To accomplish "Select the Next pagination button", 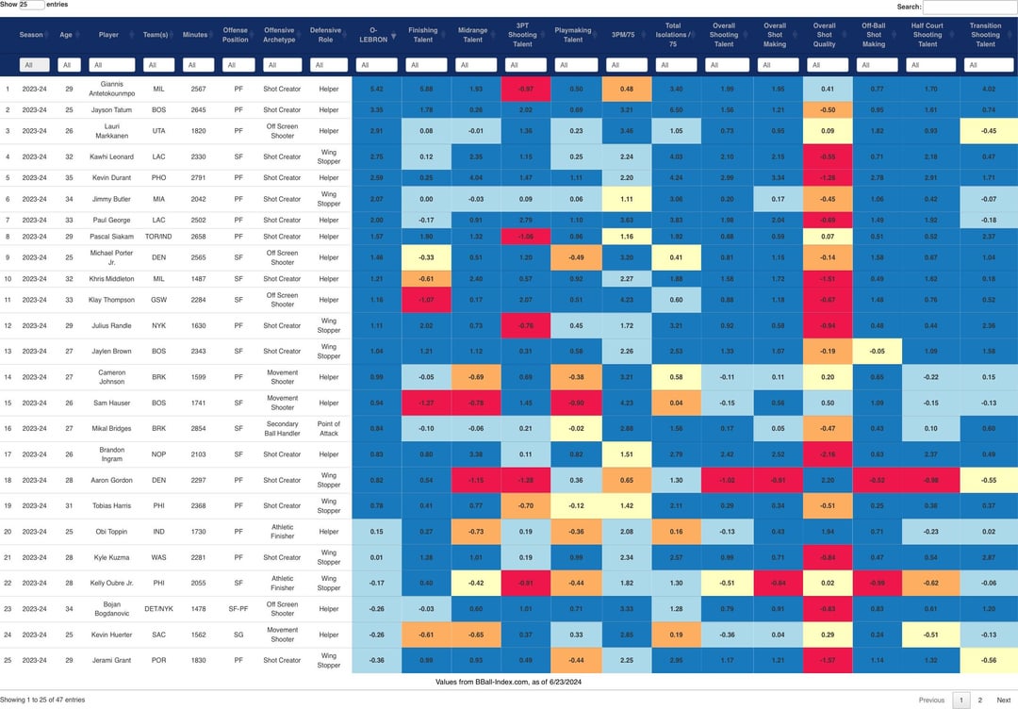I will tap(1003, 700).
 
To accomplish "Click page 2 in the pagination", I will tap(980, 700).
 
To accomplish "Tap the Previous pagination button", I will tap(931, 700).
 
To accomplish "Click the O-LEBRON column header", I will tap(376, 40).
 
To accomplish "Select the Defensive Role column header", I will tap(326, 36).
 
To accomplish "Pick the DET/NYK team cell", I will tap(158, 609).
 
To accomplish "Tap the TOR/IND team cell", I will tap(158, 237).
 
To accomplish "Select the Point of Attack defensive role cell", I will tap(329, 428).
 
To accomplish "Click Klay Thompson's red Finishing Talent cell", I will tap(426, 300).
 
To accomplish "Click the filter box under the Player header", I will tap(112, 65).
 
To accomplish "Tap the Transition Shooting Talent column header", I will tap(986, 36).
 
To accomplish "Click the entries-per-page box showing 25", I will tap(30, 5).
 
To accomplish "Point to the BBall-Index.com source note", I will tap(508, 681).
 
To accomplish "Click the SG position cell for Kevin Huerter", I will tap(238, 635).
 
